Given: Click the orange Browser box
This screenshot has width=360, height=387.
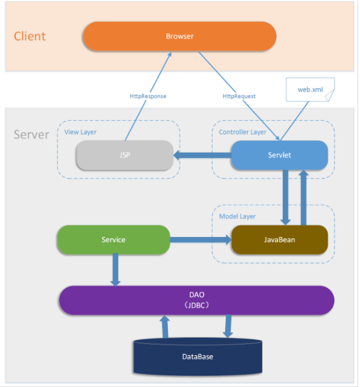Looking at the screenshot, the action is point(180,36).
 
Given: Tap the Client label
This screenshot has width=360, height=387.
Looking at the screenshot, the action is point(30,36).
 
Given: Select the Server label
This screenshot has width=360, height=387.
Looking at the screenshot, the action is point(31,134).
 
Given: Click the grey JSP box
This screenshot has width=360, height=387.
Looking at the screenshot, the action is point(125,155).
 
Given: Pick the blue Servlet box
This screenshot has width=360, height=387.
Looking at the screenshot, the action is point(279,155).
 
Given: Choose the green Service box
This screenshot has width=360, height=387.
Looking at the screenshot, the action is point(114,240).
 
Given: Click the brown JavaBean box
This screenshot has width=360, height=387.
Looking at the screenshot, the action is point(279,240).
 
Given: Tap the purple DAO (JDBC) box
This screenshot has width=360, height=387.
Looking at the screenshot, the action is point(196,300).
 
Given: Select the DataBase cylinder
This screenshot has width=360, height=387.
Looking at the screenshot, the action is point(198,357).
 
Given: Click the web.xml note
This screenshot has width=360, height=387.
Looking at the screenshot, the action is point(310,90).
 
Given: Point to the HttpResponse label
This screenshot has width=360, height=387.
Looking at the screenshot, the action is point(148,96).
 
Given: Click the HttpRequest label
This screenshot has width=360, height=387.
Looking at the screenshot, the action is point(239,96).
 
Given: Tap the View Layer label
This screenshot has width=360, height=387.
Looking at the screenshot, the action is point(80,133).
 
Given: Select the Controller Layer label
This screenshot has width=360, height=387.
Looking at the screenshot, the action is point(242,133).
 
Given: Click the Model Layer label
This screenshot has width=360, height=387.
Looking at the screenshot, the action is point(238,217).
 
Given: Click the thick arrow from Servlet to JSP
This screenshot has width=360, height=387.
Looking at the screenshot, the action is point(203,156).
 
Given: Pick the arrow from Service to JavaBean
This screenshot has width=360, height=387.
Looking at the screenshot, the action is point(200,240).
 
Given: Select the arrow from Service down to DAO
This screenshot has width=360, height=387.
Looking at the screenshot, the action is point(116,270).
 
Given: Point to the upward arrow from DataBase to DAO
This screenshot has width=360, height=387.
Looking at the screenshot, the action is point(165,327).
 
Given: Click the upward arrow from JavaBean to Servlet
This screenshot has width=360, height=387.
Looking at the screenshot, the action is point(303,197).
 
